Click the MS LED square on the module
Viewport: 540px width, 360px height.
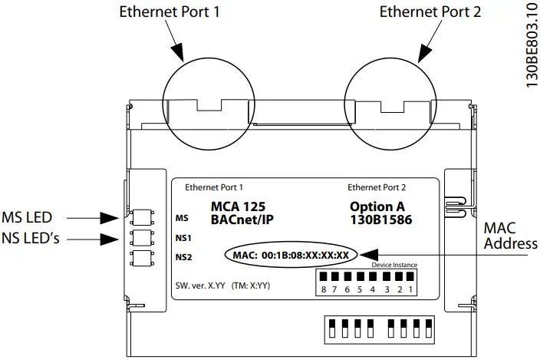[140, 217]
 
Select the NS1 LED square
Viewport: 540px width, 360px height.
[140, 237]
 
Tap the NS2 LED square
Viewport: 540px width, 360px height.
[140, 258]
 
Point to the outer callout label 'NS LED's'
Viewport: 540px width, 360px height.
[31, 239]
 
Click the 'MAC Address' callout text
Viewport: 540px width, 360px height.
[509, 236]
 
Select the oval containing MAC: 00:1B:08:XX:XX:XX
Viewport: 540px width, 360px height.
[291, 254]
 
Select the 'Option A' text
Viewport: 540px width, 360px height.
[377, 206]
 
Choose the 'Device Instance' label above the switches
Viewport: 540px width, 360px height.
[393, 265]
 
